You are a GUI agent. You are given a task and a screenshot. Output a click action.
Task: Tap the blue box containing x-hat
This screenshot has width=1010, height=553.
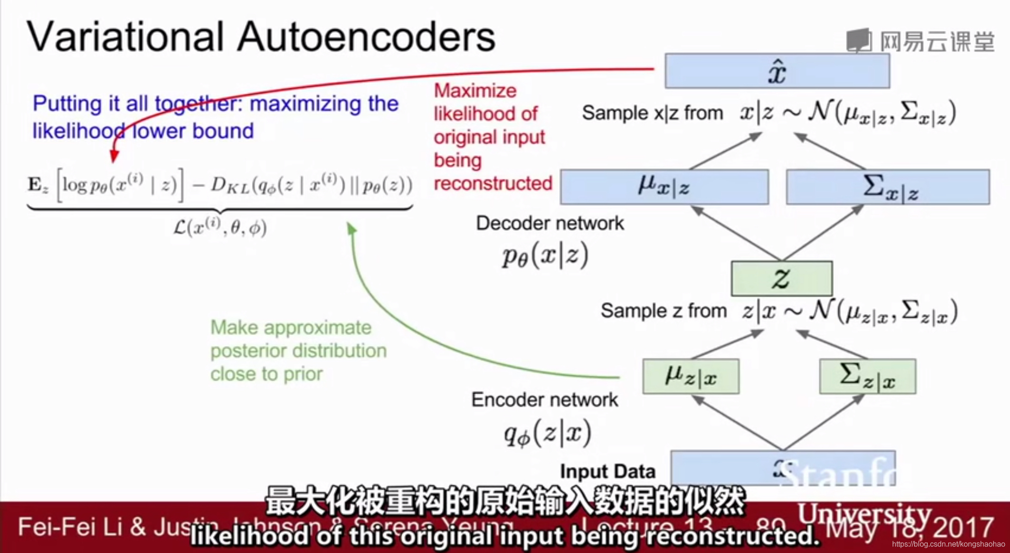pos(777,71)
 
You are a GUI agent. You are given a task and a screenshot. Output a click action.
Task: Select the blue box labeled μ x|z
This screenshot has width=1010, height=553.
pos(664,187)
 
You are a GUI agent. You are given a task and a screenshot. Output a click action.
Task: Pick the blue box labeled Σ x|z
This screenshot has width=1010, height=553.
pos(887,187)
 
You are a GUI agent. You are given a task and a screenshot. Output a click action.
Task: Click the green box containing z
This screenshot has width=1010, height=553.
pos(781,278)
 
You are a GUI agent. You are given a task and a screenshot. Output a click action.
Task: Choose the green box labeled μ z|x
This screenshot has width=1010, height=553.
pos(691,376)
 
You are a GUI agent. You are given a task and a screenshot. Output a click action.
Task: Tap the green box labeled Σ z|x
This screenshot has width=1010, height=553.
pos(867,376)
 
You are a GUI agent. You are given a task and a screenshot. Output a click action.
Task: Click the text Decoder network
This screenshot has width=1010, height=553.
pos(550,223)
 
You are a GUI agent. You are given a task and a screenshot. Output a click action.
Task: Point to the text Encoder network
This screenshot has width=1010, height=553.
pos(544,400)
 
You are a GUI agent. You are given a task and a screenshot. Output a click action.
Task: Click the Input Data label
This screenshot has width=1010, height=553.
pos(607,471)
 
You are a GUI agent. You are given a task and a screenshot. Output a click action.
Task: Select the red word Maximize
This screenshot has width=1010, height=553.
pos(475,90)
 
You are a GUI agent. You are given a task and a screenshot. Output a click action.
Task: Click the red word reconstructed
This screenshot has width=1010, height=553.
pos(493,183)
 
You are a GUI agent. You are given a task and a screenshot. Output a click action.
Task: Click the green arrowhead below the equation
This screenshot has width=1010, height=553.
pos(352,228)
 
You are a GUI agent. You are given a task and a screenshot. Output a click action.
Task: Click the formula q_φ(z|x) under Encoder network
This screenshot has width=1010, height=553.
pos(547,433)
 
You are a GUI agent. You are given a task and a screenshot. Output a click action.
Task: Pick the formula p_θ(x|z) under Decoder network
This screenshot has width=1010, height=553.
pos(545,256)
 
